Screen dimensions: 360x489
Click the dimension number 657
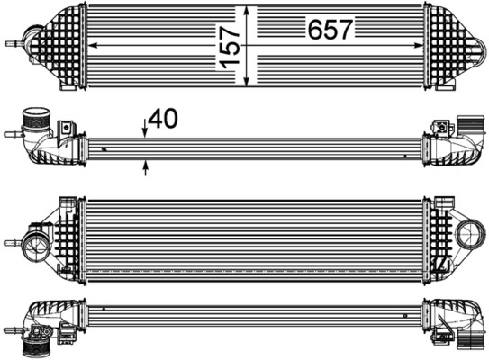[x=331, y=31]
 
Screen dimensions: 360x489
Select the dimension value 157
[x=231, y=46]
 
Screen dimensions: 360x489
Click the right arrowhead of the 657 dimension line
[x=420, y=44]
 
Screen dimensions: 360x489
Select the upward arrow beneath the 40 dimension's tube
[x=145, y=164]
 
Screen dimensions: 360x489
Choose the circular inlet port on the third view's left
[x=38, y=243]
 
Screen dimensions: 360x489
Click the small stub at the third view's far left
[x=11, y=242]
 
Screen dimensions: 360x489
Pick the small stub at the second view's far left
[x=10, y=134]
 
